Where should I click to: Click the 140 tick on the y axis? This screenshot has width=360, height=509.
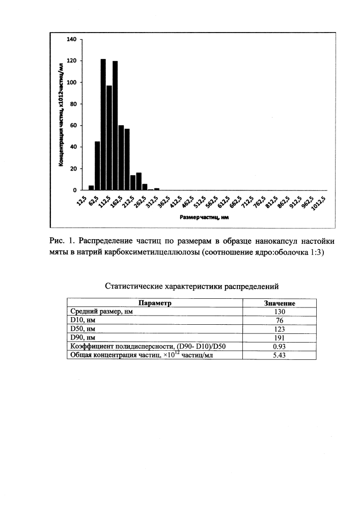click(x=72, y=39)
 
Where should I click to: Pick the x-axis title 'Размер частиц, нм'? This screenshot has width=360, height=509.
click(x=203, y=217)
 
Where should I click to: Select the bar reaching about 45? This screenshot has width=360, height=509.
click(x=97, y=165)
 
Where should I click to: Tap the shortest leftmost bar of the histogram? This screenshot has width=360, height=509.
click(x=91, y=188)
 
